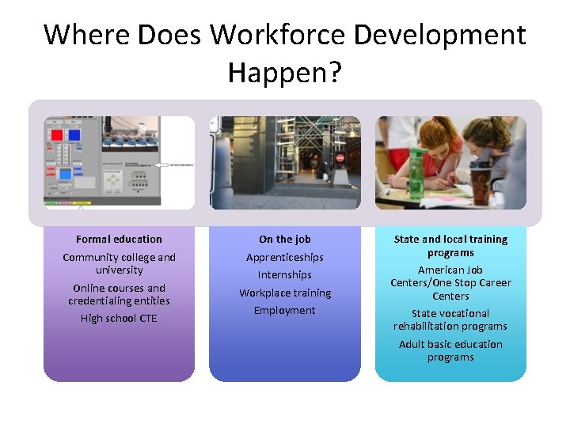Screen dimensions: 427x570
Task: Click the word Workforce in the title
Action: coord(278,35)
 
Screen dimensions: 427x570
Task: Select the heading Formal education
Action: coord(119,239)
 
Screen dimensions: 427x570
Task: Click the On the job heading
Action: coord(284,239)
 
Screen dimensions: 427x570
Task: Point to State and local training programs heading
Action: coord(450,246)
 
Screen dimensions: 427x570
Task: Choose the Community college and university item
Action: coord(119,263)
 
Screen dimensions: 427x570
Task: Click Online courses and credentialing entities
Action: coord(119,294)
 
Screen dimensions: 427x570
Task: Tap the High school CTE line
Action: coord(119,319)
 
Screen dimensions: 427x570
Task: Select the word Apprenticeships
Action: coord(284,258)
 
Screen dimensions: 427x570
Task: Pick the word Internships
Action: coord(284,275)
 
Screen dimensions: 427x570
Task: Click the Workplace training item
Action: coord(284,293)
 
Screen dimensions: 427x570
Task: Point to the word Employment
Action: coord(284,311)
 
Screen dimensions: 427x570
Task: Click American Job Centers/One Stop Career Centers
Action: coord(450,283)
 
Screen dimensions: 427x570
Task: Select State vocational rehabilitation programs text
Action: coord(450,319)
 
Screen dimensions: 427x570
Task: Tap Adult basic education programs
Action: coord(450,350)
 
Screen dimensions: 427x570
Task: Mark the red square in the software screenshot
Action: coord(57,134)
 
